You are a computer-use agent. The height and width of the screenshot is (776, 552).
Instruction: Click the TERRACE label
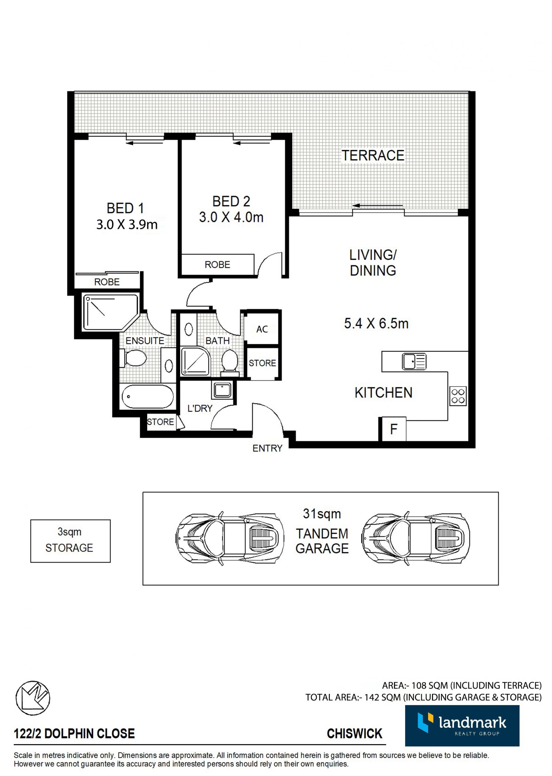(373, 155)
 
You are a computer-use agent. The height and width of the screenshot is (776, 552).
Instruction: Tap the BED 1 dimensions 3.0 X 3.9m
(127, 225)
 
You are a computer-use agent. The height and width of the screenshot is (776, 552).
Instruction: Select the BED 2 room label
(231, 202)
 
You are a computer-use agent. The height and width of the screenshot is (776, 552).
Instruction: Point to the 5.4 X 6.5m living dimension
(376, 323)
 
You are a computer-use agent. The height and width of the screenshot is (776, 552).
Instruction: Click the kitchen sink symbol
(414, 361)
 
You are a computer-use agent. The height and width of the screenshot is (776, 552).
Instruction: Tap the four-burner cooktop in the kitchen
(458, 396)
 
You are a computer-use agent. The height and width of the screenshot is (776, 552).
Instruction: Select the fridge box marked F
(393, 429)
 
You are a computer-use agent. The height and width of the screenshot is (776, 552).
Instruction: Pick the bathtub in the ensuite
(147, 396)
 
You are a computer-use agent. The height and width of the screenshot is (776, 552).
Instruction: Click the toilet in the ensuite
(134, 358)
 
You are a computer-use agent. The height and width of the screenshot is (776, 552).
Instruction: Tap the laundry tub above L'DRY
(222, 390)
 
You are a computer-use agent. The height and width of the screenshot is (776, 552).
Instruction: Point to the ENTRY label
(267, 448)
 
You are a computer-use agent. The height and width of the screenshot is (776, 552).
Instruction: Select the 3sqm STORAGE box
(70, 541)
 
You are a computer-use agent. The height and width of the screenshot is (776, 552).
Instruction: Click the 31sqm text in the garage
(322, 514)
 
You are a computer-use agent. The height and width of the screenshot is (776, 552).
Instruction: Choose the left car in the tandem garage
(230, 538)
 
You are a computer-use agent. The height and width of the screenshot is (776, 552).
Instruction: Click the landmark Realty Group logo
(462, 726)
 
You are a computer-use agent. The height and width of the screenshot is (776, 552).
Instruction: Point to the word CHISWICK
(354, 733)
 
